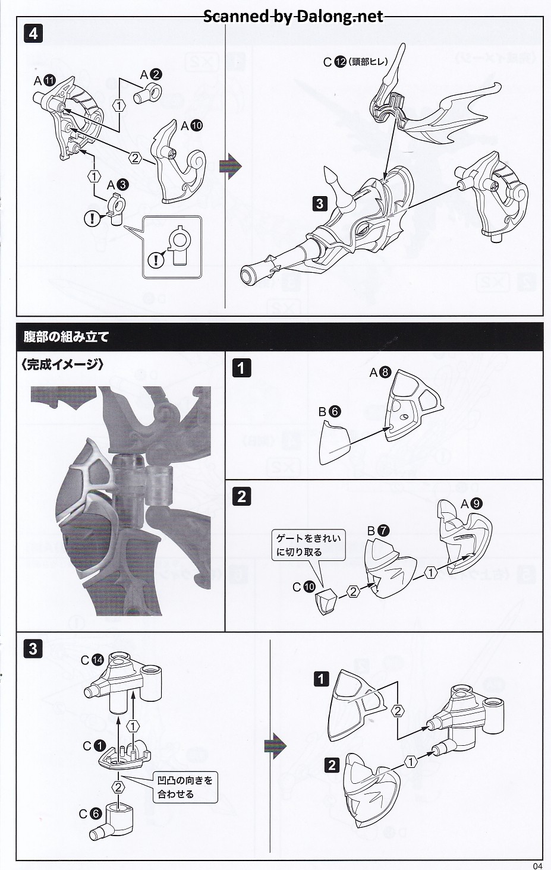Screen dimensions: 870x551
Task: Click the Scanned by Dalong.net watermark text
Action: pos(294,16)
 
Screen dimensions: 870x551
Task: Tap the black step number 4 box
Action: pos(33,33)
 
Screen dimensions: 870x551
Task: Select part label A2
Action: pos(151,74)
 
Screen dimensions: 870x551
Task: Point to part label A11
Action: pos(45,80)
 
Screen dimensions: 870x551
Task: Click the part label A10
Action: pos(192,125)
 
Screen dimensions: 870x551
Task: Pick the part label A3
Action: pos(118,185)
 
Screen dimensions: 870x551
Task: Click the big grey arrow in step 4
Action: pos(231,165)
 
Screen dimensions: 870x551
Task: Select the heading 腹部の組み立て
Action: pos(66,337)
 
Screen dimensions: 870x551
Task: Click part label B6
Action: pos(329,411)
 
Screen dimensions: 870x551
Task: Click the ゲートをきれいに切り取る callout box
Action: pos(308,545)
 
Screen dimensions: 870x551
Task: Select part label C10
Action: pos(304,587)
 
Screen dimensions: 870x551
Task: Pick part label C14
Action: pos(92,660)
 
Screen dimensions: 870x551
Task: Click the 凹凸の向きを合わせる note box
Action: pos(184,786)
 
